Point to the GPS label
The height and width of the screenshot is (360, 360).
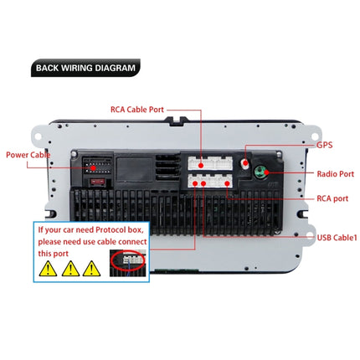click(325, 144)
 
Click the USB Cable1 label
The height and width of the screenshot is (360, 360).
click(336, 237)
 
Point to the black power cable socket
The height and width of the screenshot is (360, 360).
click(95, 167)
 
